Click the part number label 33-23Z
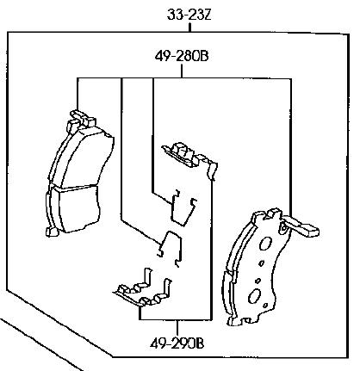tap(189, 15)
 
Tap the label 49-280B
tap(182, 56)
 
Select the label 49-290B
tap(177, 343)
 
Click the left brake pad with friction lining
tap(77, 175)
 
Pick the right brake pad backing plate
tap(258, 267)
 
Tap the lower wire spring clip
tap(171, 248)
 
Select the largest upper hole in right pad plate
tap(264, 244)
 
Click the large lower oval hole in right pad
tap(254, 296)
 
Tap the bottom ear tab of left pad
tap(53, 232)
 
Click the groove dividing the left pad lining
tap(75, 187)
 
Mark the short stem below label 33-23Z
tap(189, 27)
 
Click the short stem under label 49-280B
tap(182, 71)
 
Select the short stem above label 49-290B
tap(177, 328)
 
